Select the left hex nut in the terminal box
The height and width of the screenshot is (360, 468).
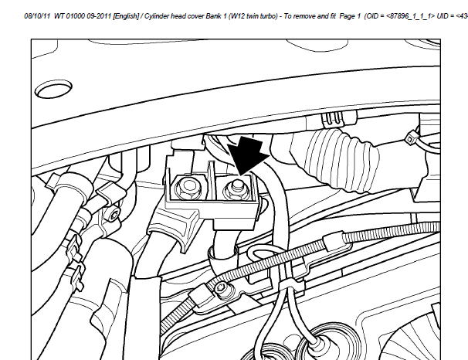188,188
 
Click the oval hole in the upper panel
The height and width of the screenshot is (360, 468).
53,88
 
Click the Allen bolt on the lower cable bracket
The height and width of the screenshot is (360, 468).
221,288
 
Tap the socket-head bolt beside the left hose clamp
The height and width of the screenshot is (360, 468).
114,216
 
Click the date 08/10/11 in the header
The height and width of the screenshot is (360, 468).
37,16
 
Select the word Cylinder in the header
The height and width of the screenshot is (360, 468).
157,16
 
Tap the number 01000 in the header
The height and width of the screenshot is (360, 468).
76,16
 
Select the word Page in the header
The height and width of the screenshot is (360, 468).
347,16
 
